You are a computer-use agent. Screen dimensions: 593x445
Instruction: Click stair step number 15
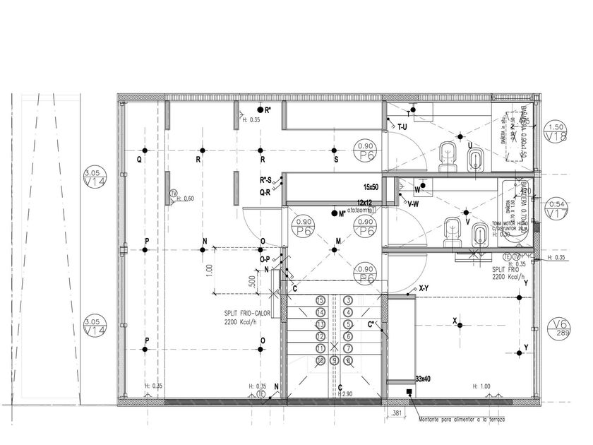[x=321, y=300]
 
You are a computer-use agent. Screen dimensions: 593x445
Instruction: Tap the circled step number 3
[x=348, y=300]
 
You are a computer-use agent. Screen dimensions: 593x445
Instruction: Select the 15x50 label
[x=371, y=187]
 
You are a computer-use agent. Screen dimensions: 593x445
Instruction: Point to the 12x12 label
[x=364, y=203]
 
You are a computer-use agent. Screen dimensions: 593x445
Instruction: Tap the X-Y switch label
[x=424, y=288]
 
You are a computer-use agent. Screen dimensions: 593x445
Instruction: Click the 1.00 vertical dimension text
[x=209, y=270]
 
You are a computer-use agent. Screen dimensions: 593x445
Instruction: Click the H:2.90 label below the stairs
[x=344, y=394]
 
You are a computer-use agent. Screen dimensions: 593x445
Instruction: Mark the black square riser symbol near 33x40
[x=409, y=393]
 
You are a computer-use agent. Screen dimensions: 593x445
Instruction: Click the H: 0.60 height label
[x=185, y=198]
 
